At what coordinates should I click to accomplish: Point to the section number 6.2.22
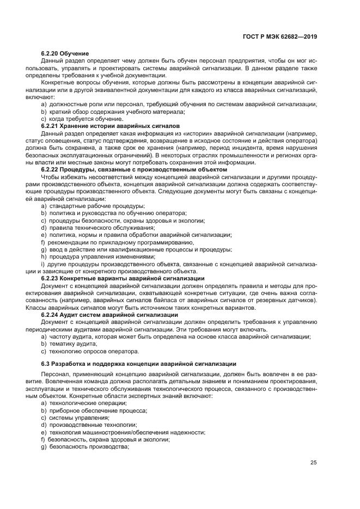(x=51, y=170)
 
